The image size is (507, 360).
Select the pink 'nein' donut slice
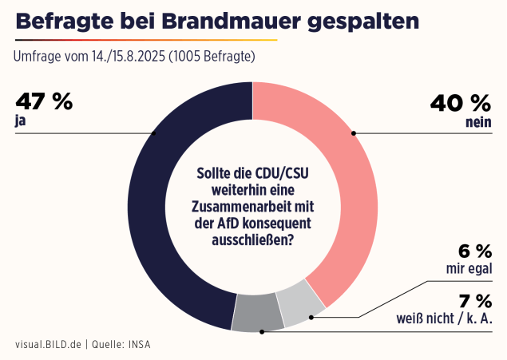coord(343,184)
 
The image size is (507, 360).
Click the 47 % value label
coord(44,102)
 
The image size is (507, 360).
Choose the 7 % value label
coord(475,301)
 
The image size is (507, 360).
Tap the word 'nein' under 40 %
coord(477,123)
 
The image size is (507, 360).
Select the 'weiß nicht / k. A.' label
coord(444,319)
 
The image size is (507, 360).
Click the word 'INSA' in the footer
coord(137,345)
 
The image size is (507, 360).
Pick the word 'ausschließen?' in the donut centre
coord(253,239)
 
